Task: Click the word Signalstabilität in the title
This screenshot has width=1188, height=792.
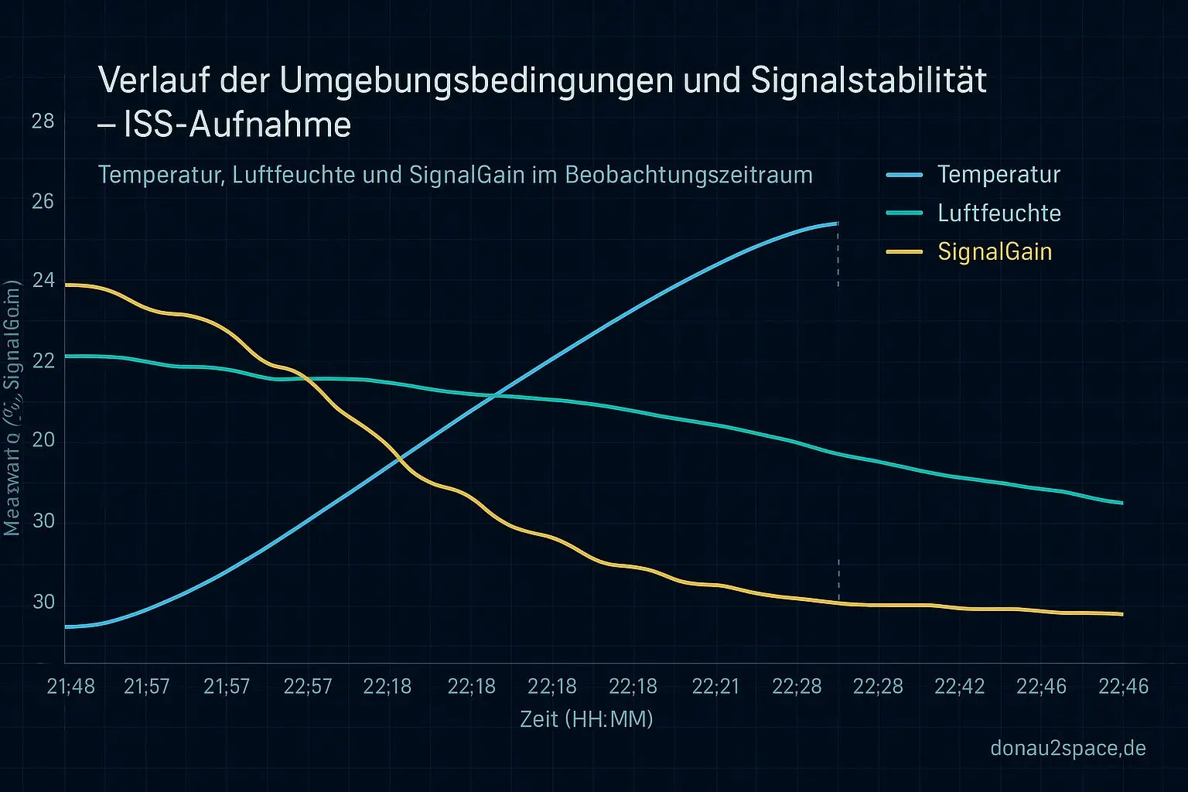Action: point(869,81)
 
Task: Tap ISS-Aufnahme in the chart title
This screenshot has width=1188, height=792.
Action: point(237,125)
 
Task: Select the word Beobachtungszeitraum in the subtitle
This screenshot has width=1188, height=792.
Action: point(688,175)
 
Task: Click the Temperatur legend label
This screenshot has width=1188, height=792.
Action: point(999,175)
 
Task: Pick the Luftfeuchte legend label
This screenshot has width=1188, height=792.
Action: point(999,213)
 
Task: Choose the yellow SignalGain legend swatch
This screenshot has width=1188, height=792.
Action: point(904,252)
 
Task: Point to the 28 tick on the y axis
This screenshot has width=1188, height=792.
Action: point(43,121)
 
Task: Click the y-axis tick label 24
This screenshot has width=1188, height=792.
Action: point(43,280)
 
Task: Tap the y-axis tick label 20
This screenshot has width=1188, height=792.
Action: point(43,439)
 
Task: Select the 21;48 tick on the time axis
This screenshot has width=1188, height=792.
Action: point(70,687)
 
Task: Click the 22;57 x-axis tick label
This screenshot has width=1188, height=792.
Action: point(308,687)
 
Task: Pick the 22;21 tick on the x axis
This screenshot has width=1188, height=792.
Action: point(715,687)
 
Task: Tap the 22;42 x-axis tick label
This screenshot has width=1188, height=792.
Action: point(959,687)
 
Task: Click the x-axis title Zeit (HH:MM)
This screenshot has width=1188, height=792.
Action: point(586,719)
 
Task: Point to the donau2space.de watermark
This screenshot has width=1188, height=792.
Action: point(1068,749)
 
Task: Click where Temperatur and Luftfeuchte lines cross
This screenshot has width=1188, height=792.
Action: point(496,396)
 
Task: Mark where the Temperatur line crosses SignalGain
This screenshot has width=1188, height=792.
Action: point(399,461)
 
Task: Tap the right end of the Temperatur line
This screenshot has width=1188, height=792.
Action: point(838,224)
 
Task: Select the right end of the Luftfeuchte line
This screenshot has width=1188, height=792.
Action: point(1122,504)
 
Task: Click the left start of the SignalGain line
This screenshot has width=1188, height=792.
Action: point(66,285)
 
